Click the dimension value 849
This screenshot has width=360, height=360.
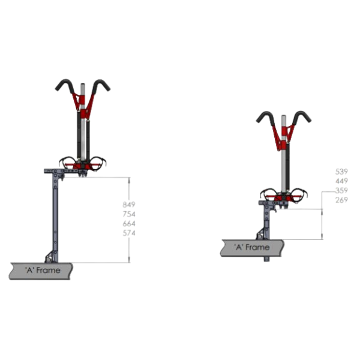129,205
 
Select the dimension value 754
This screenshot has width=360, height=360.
129,214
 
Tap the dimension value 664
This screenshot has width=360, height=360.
129,223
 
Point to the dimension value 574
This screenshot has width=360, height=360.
129,233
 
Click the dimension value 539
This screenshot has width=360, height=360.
341,172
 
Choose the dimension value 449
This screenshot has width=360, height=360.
341,181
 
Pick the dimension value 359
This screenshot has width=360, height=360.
341,190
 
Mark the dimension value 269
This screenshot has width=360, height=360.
341,200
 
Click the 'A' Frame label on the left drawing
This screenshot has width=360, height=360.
43,270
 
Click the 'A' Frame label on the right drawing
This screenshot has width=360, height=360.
252,247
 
